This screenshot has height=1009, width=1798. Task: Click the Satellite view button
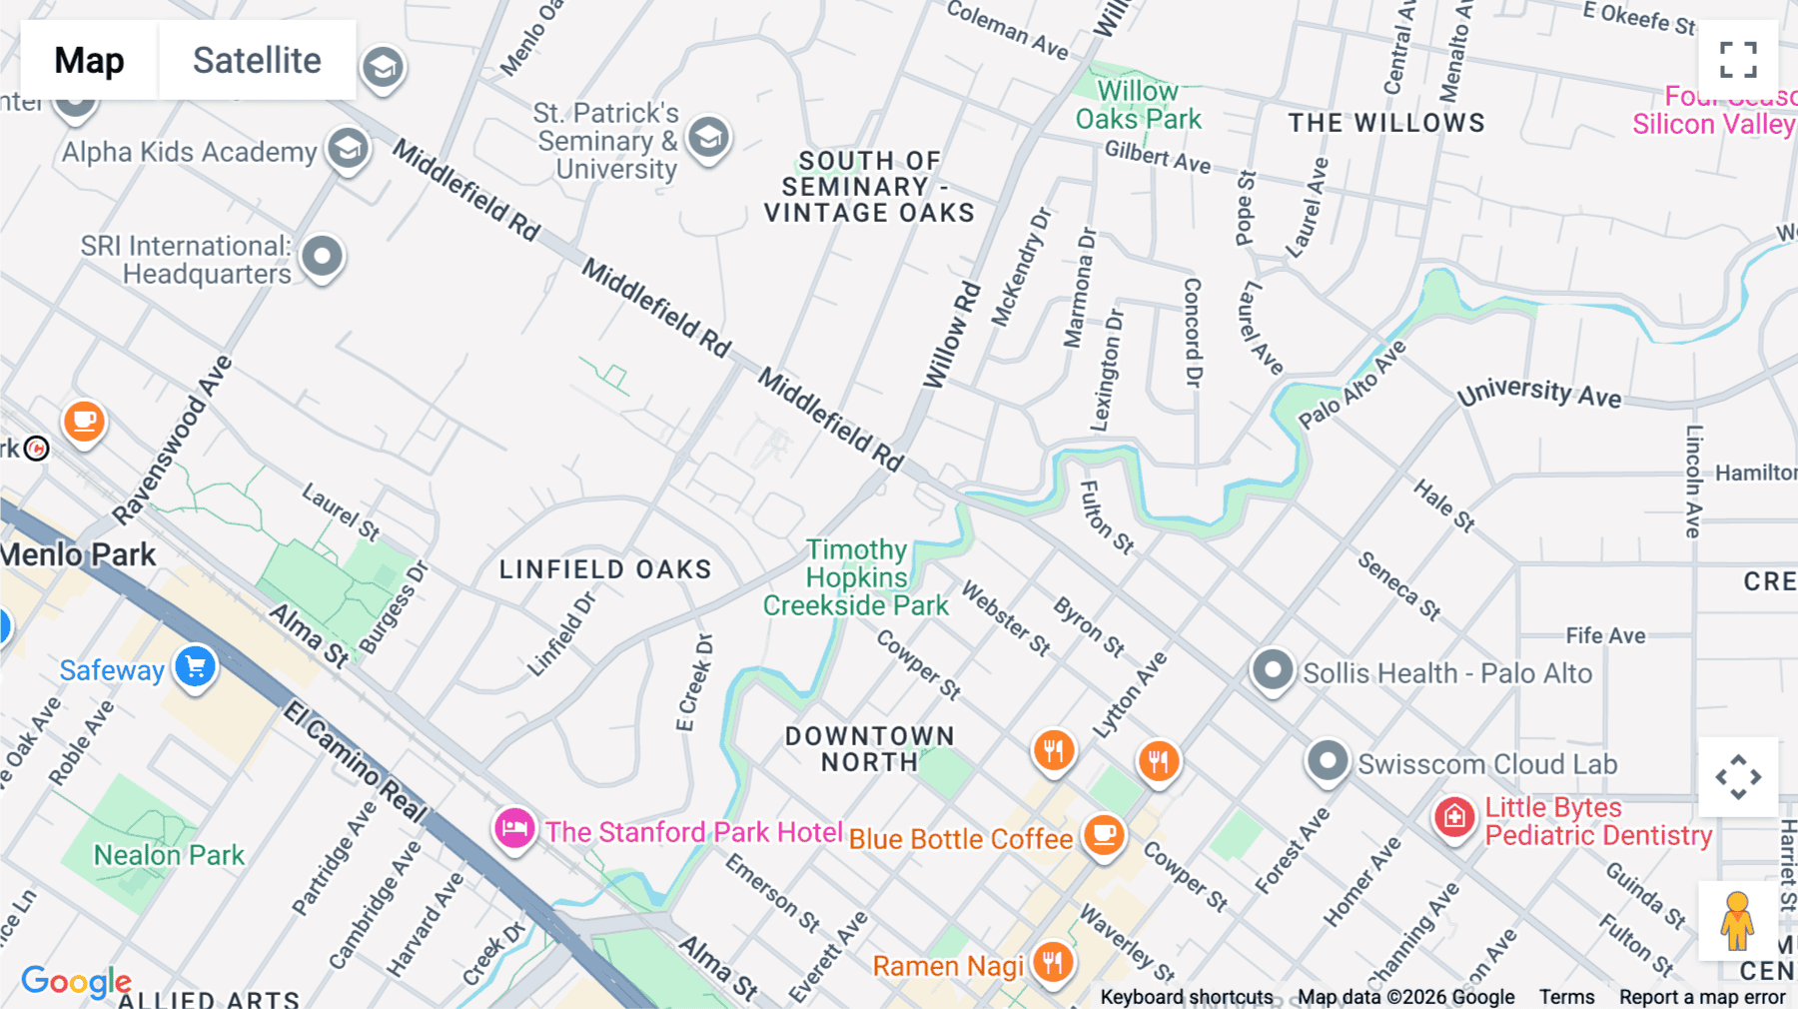click(x=257, y=60)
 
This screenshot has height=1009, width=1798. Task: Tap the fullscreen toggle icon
click(x=1738, y=60)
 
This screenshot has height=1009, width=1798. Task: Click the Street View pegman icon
click(x=1737, y=921)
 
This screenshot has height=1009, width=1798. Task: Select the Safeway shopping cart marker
click(x=195, y=666)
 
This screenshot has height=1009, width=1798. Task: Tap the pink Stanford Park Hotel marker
click(x=514, y=828)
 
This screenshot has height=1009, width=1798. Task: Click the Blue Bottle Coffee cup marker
click(x=1104, y=833)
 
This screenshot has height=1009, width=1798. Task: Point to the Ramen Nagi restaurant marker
click(x=1052, y=963)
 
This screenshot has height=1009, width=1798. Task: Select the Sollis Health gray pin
click(x=1273, y=669)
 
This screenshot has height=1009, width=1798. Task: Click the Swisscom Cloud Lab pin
click(x=1328, y=761)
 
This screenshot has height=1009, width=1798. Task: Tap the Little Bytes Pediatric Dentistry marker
click(x=1454, y=817)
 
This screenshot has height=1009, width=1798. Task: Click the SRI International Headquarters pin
click(x=322, y=257)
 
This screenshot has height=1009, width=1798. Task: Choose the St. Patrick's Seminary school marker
click(x=708, y=137)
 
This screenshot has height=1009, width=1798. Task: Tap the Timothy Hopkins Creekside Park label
click(x=856, y=577)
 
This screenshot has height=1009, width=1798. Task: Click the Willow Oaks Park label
click(x=1138, y=105)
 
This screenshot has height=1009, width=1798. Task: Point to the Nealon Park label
click(x=169, y=855)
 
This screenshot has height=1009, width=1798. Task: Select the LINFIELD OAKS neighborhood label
click(x=605, y=569)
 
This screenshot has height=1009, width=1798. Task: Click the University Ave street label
click(x=1538, y=392)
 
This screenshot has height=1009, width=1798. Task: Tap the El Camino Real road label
click(x=356, y=761)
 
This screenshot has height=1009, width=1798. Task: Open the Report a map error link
click(x=1701, y=997)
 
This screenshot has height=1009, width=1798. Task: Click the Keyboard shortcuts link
click(x=1186, y=997)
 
